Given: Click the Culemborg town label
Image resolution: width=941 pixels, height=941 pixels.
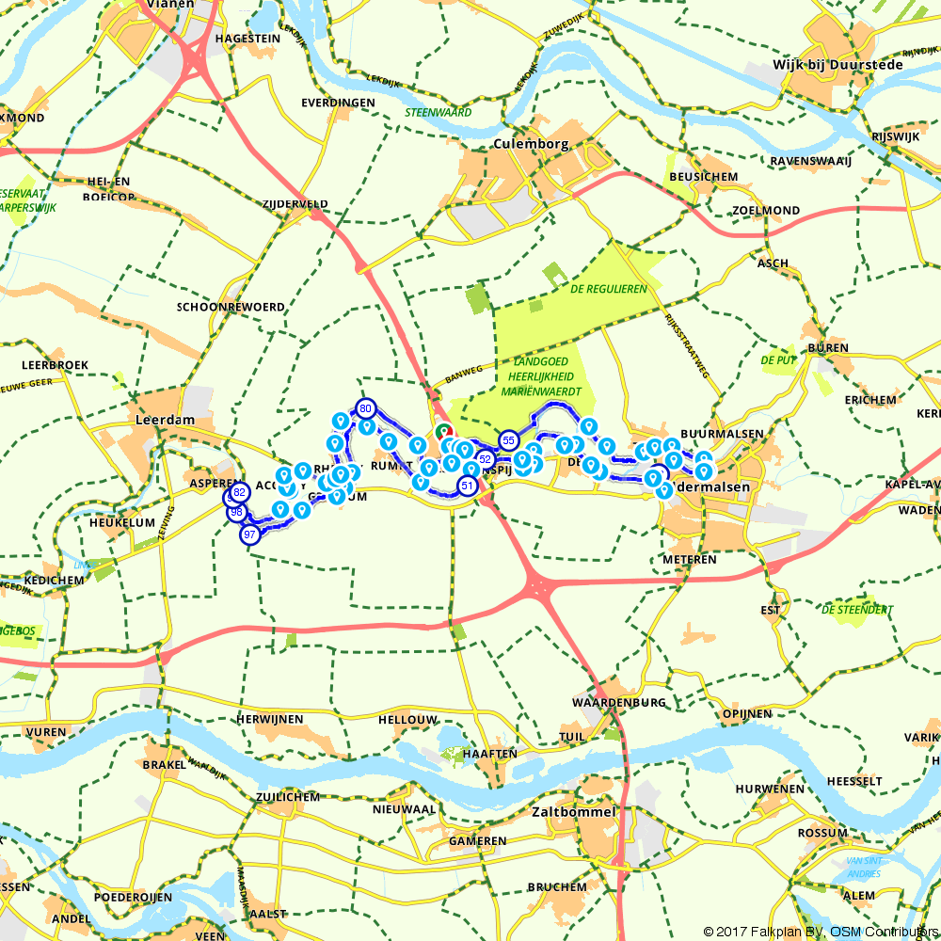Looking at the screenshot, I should point(531,144).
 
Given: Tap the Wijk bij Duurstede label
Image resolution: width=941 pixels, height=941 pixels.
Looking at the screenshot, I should point(837,65).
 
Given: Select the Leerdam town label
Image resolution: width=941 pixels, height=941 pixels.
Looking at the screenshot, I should point(164,421).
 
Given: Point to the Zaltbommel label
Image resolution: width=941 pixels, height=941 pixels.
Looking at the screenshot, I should point(574,811).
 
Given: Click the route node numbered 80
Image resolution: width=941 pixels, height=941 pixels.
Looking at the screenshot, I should point(366,408).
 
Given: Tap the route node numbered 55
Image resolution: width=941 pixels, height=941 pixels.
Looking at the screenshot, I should point(508,439).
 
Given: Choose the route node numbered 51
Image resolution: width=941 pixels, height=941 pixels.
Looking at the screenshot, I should point(467,486).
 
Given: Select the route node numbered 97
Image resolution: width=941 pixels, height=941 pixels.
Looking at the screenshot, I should point(249,534).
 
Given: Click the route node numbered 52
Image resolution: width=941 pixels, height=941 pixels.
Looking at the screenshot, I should point(486,458).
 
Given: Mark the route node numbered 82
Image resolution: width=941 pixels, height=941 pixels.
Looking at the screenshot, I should point(239,492).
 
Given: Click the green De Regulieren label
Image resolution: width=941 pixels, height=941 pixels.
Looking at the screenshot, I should point(608,289).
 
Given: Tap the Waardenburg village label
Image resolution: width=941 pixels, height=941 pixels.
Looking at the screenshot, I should point(618,702).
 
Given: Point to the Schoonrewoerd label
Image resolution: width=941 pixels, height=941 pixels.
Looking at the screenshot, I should point(231,307).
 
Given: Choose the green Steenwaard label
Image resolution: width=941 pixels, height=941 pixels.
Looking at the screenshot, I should point(438,112).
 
